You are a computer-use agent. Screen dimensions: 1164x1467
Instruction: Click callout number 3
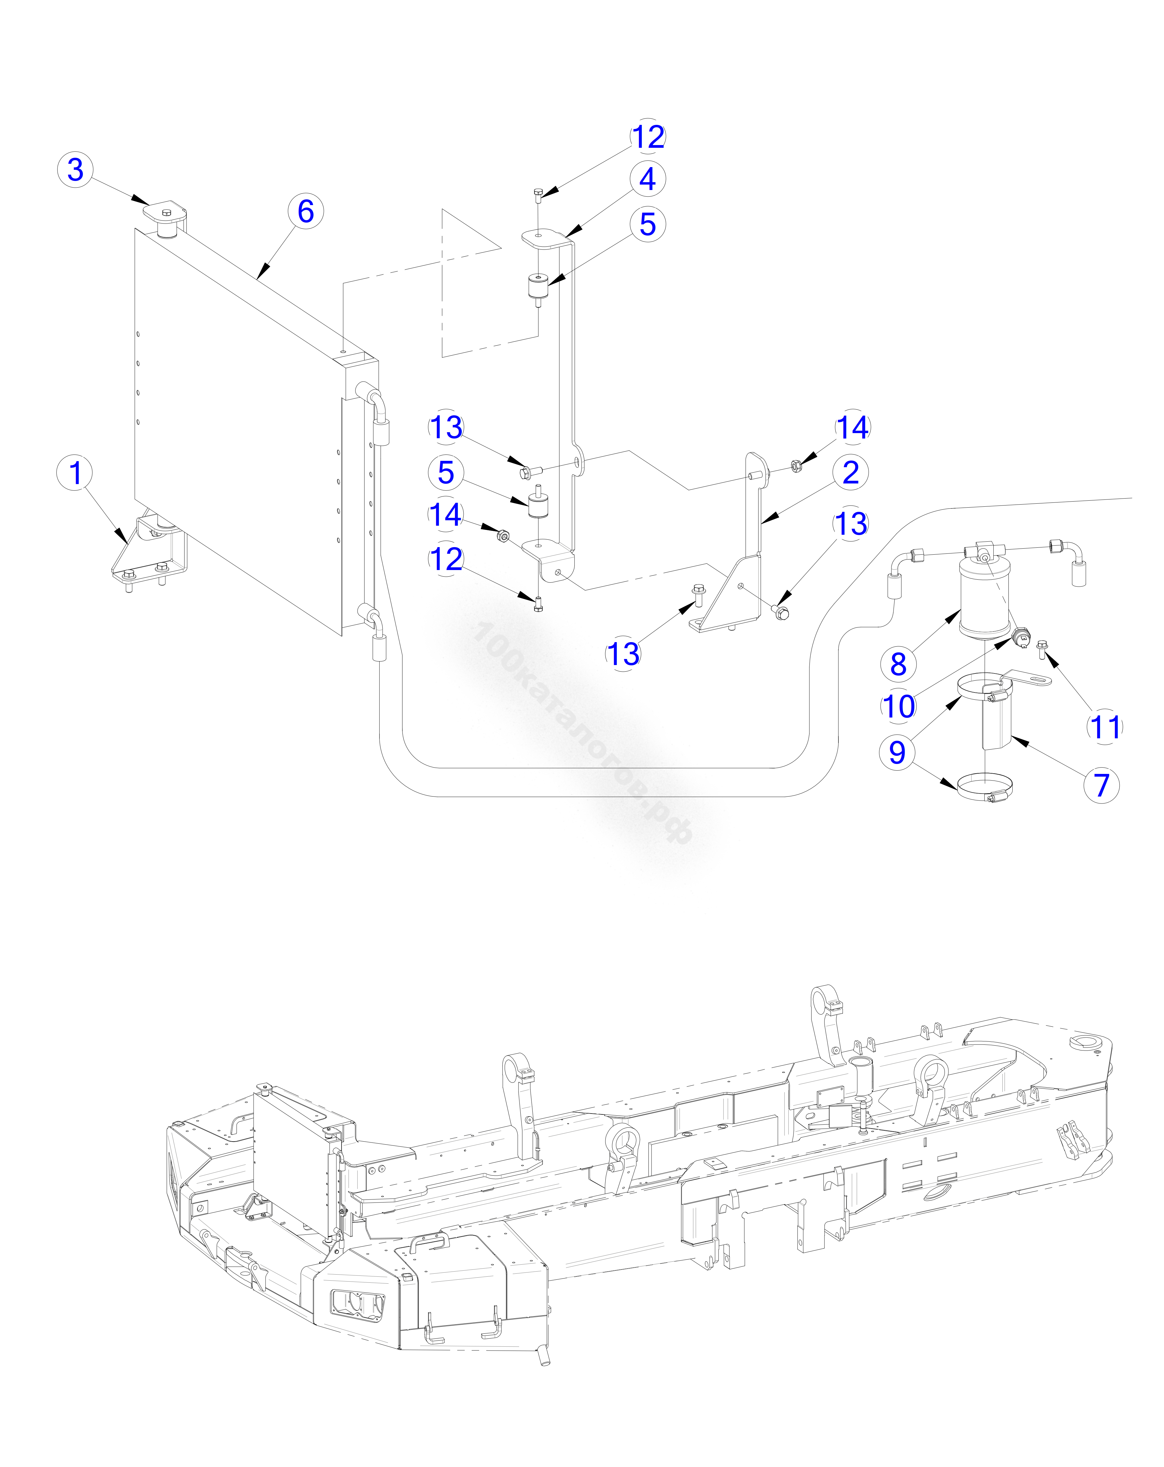pos(75,170)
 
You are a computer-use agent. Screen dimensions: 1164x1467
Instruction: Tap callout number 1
pos(75,473)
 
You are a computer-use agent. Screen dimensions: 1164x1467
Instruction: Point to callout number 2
pos(850,472)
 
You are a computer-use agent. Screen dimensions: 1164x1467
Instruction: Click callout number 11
pos(1104,727)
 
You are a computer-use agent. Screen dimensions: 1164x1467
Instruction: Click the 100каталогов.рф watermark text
pos(582,731)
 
